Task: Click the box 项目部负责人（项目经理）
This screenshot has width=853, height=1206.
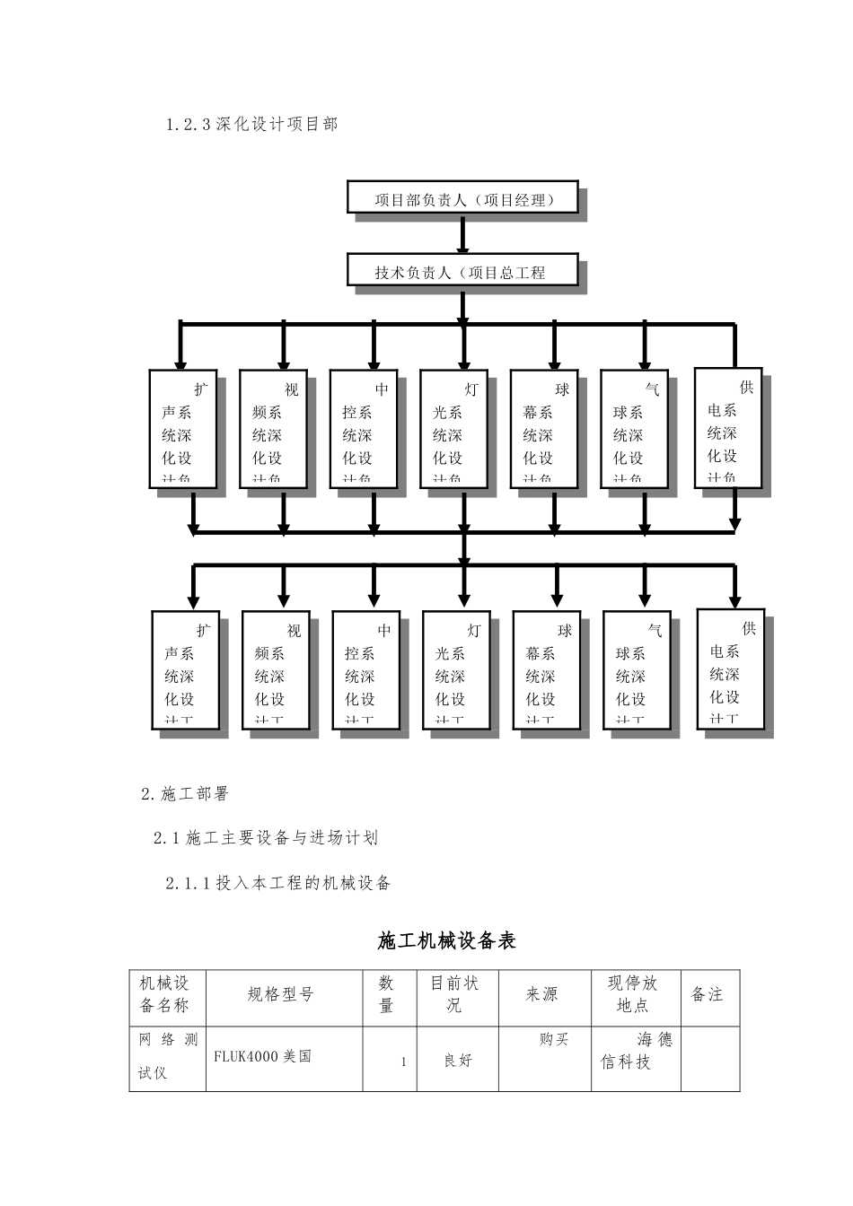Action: [x=462, y=198]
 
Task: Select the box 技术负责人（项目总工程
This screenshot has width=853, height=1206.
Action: [x=462, y=271]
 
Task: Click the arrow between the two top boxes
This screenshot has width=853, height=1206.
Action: [x=462, y=235]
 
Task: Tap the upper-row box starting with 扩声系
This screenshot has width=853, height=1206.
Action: [x=183, y=430]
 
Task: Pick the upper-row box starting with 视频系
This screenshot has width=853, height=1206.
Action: [x=273, y=430]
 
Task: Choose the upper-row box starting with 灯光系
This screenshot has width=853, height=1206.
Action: [x=453, y=430]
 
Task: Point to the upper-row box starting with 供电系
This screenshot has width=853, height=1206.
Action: [x=728, y=428]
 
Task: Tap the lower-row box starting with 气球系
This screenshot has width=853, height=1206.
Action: [x=637, y=670]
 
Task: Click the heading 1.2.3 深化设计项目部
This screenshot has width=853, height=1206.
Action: [x=252, y=125]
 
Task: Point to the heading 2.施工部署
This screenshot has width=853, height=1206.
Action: [x=185, y=794]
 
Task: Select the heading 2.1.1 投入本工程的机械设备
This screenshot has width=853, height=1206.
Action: [x=278, y=883]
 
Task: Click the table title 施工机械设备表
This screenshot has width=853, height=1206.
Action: [x=447, y=941]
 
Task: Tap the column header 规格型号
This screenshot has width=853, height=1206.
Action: [x=280, y=994]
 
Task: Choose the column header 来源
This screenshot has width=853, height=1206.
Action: [x=541, y=994]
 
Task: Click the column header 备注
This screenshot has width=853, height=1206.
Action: [x=707, y=994]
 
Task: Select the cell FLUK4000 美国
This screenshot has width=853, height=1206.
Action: [x=262, y=1056]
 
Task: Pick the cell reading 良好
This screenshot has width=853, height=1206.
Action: [x=458, y=1061]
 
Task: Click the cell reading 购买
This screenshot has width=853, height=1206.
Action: [x=554, y=1039]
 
